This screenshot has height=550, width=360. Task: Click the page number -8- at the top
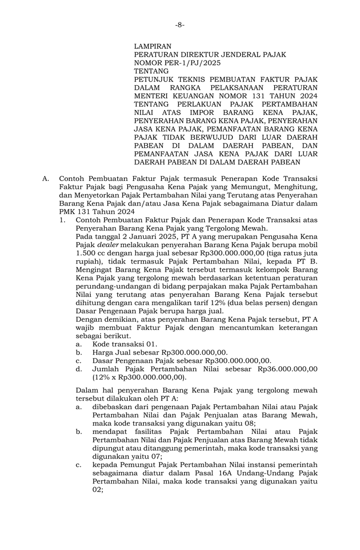point(180,25)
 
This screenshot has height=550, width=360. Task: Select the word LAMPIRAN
point(152,47)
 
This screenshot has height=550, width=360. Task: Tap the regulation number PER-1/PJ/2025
point(190,63)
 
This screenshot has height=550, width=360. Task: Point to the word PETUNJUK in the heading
point(152,80)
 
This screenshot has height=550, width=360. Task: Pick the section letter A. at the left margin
point(46,179)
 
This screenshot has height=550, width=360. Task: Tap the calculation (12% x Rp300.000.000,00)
point(139,377)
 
